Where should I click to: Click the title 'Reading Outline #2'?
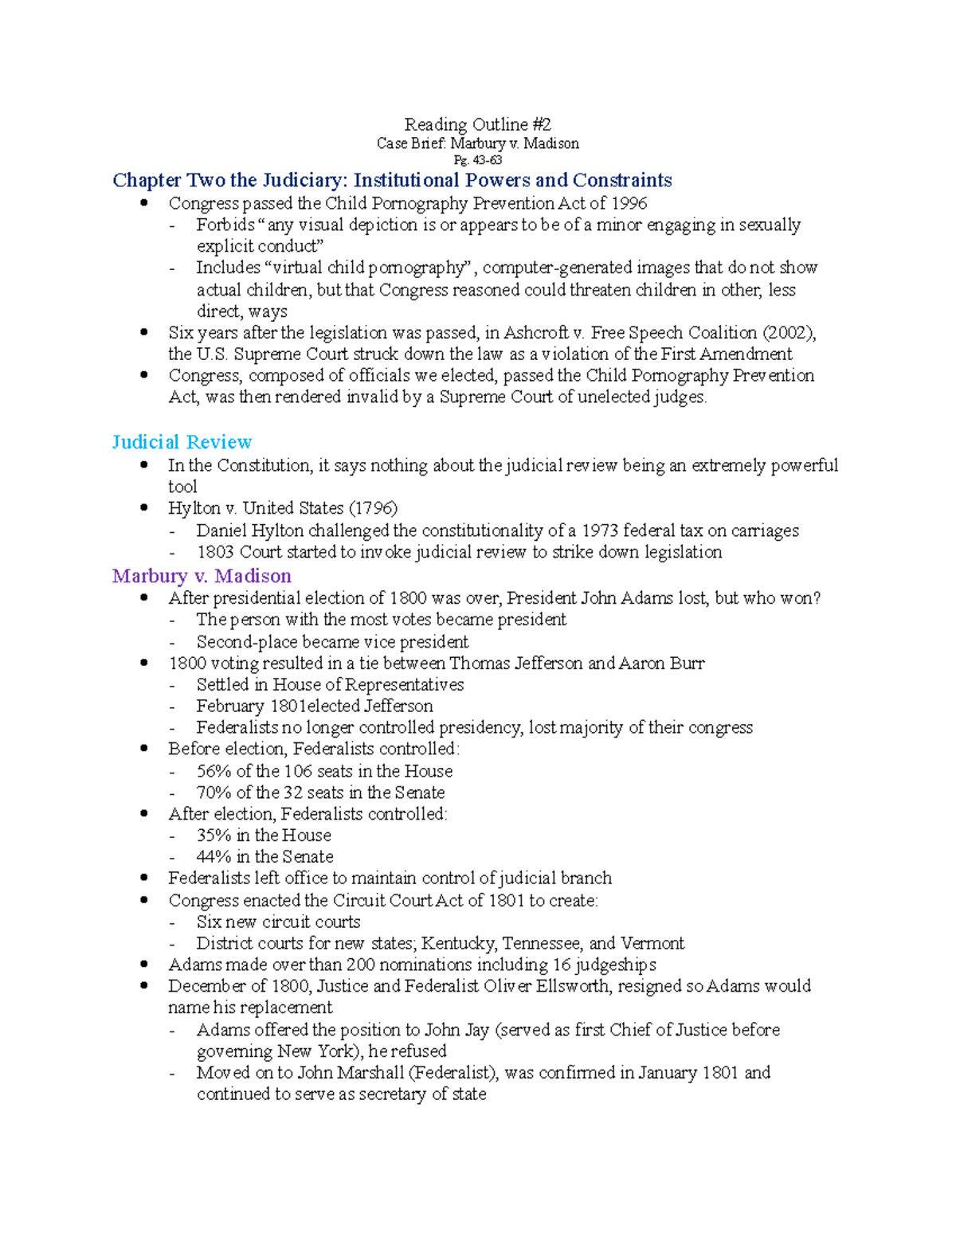[x=477, y=124]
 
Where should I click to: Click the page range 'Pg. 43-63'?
[x=477, y=160]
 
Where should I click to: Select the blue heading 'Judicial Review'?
[x=182, y=442]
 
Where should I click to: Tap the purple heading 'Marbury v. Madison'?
[x=202, y=576]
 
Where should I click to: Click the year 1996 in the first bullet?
[x=629, y=203]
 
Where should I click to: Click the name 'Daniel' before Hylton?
[x=221, y=530]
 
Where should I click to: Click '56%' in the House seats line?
[x=214, y=771]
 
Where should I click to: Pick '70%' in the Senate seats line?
[x=214, y=793]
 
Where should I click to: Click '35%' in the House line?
[x=214, y=836]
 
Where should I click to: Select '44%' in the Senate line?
[x=214, y=857]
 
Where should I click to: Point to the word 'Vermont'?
[x=652, y=944]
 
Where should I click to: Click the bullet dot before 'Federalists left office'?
[x=144, y=879]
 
